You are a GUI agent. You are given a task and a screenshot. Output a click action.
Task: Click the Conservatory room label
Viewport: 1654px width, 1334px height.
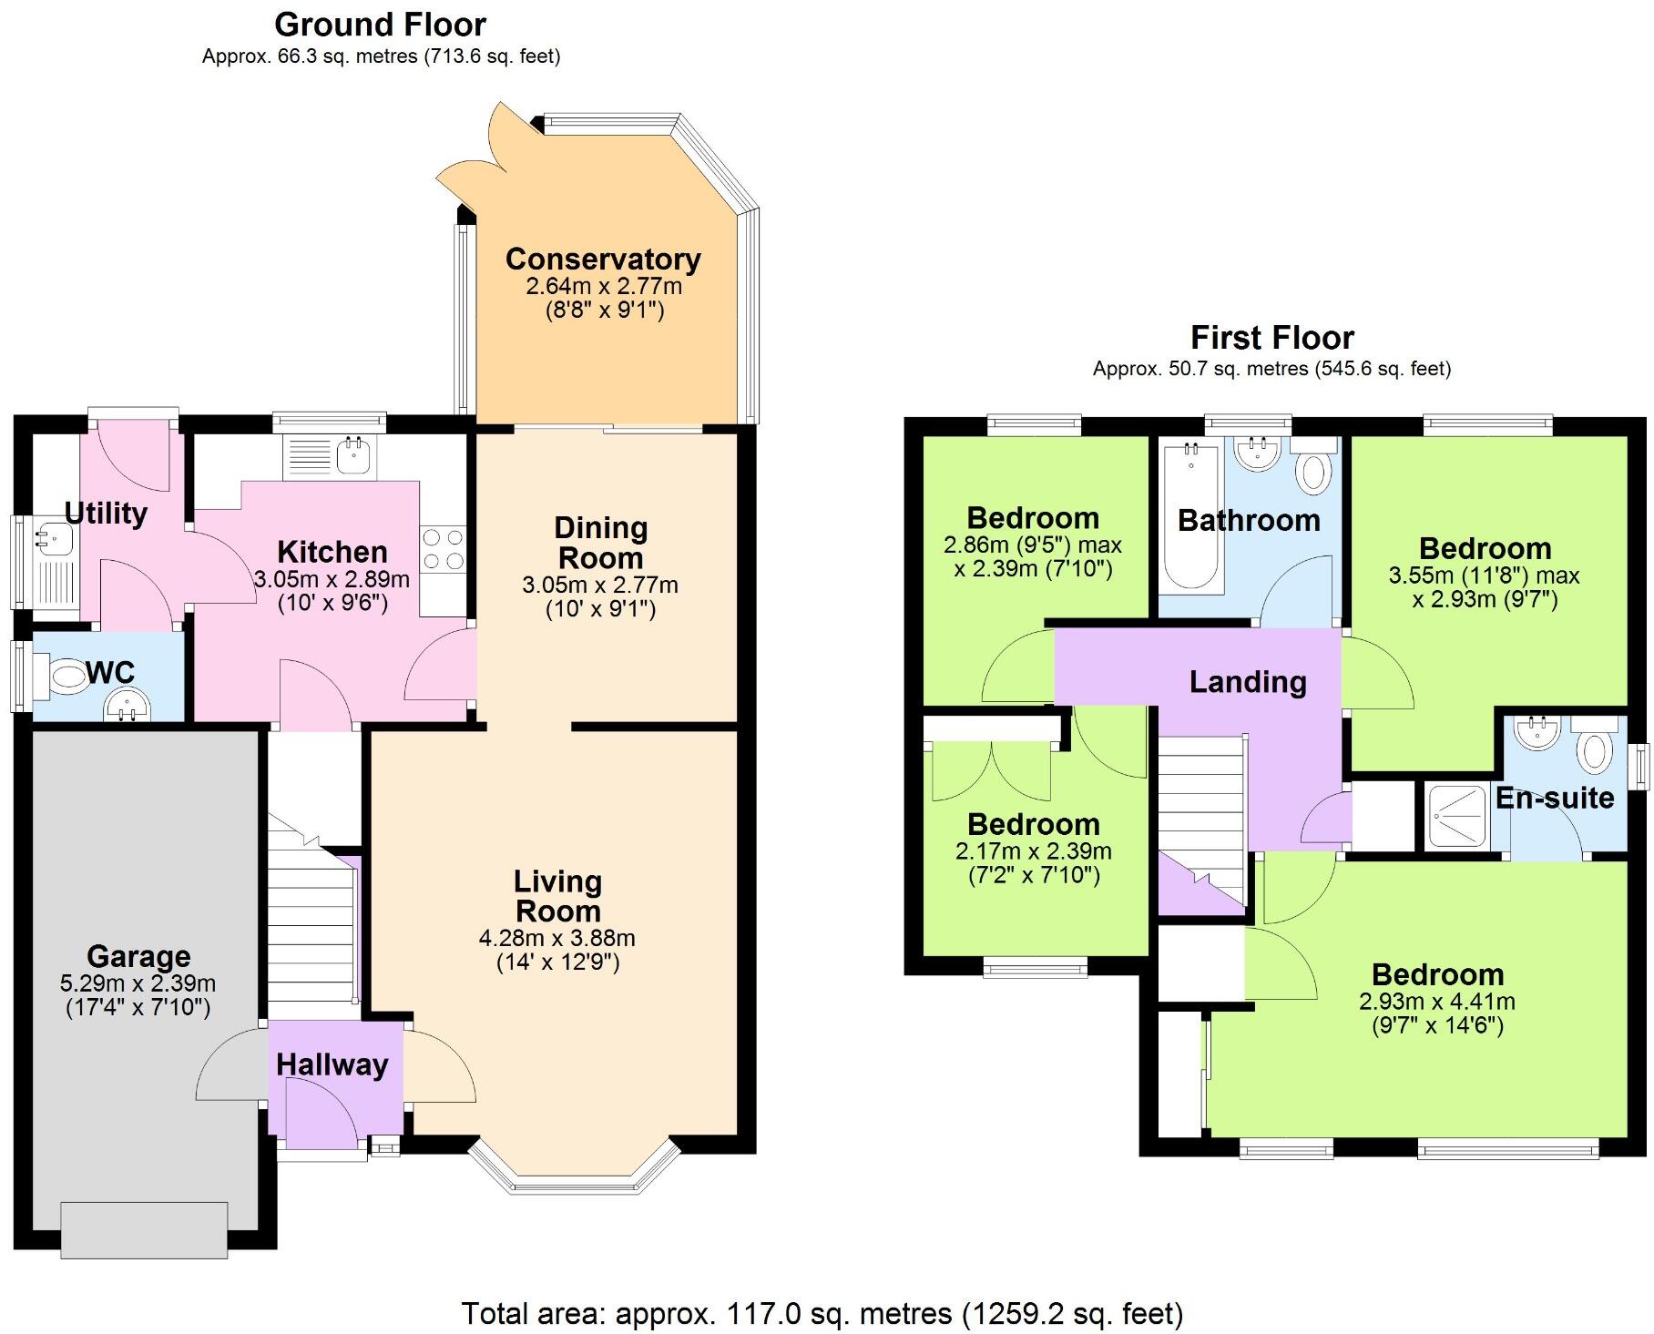pyautogui.click(x=603, y=260)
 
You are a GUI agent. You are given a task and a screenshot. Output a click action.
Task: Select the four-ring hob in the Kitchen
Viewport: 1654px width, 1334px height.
pyautogui.click(x=443, y=549)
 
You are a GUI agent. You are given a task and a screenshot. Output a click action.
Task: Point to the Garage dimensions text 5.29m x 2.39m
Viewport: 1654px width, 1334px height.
pyautogui.click(x=138, y=983)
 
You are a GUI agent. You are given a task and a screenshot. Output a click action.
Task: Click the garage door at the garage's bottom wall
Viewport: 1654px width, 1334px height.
pyautogui.click(x=144, y=1229)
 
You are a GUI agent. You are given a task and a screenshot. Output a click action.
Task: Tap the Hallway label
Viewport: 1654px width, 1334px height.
pyautogui.click(x=332, y=1064)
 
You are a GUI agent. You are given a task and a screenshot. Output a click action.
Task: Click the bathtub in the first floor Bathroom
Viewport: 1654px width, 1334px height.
pyautogui.click(x=1189, y=514)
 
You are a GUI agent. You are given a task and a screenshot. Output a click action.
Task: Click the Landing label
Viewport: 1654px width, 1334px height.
pyautogui.click(x=1247, y=682)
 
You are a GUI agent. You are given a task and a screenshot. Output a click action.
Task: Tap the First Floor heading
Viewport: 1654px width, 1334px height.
pyautogui.click(x=1271, y=338)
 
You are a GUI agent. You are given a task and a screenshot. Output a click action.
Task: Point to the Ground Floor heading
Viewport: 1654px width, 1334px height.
pyautogui.click(x=380, y=25)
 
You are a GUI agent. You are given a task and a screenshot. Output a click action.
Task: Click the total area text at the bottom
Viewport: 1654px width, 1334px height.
pyautogui.click(x=822, y=1314)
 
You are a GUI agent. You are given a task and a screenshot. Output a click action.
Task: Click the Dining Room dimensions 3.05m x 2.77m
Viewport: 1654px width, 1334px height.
pyautogui.click(x=599, y=585)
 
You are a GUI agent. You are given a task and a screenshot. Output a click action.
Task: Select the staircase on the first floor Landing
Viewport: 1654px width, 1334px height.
pyautogui.click(x=1200, y=820)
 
